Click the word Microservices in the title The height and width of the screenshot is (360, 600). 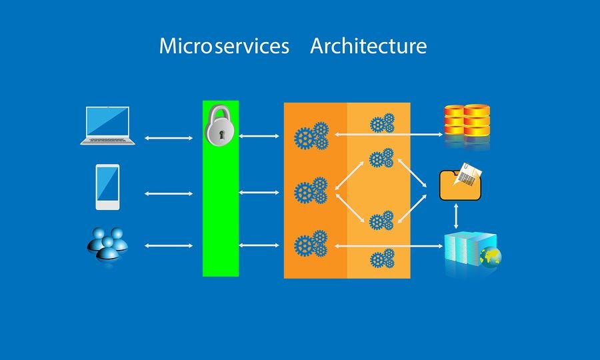coord(224,46)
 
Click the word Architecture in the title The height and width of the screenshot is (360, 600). coord(368,46)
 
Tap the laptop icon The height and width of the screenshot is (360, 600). coord(107,125)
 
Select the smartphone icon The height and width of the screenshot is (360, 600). coord(107,187)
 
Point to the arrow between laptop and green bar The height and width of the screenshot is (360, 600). coord(168,138)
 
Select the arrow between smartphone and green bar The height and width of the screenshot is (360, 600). coord(168,193)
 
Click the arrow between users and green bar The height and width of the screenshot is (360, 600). coord(168,246)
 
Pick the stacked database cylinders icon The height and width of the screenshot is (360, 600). coord(467,123)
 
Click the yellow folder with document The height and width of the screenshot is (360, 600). coord(460,184)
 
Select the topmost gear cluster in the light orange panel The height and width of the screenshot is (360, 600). coord(382,123)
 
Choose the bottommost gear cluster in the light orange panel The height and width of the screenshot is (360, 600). coord(382,259)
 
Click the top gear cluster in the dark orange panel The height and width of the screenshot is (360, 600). coord(311,136)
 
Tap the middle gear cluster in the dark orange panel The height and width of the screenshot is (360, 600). coord(311,191)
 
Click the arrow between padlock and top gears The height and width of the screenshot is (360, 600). coord(259,137)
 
